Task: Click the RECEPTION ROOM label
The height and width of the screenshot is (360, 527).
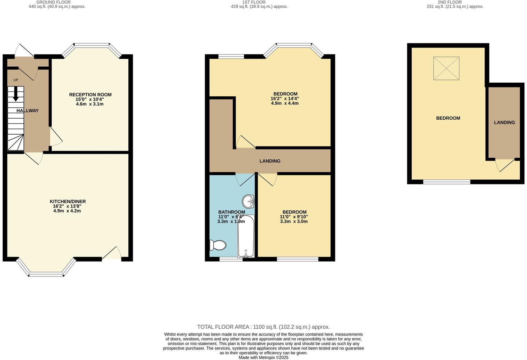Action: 90,95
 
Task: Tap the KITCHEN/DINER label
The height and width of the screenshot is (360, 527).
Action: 68,202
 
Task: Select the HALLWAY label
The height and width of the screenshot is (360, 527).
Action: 28,111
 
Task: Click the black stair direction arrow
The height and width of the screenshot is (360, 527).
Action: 15,94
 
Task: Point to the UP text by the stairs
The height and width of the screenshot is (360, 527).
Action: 16,80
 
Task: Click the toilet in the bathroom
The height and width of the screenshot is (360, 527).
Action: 218,245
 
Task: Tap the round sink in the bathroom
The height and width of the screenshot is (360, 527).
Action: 248,201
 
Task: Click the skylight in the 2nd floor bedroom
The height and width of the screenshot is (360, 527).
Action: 446,68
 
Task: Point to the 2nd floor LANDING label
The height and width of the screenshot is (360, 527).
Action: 504,122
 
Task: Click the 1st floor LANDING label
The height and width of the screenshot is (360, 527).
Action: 270,161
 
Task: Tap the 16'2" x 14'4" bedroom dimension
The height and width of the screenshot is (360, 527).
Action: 285,99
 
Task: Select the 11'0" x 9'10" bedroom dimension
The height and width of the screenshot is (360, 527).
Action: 294,217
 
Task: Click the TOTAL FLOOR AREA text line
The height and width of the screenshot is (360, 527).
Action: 263,327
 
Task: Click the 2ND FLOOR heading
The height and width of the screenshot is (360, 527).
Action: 450,2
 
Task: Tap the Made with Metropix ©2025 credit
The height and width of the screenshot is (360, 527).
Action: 263,357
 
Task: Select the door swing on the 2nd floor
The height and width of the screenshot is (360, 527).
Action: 505,165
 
